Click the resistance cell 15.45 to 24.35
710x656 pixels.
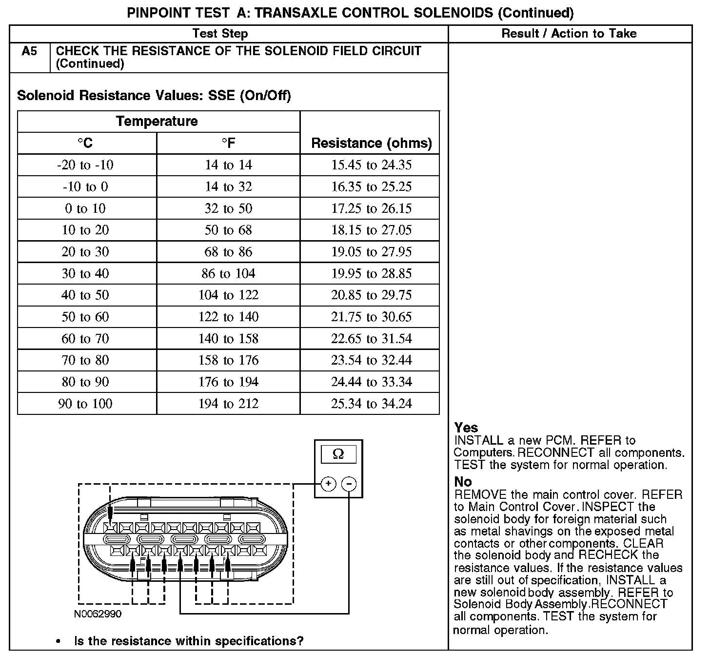coord(371,165)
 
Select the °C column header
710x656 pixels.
coord(85,143)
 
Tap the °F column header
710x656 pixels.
coord(228,143)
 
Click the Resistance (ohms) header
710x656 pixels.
coord(371,143)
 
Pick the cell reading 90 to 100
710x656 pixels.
coord(85,404)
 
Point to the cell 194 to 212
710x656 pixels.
coord(228,404)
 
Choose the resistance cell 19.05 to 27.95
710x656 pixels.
coord(371,252)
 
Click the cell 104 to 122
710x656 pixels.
coord(228,295)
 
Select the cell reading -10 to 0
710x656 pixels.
coord(85,187)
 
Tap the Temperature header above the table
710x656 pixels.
coord(157,122)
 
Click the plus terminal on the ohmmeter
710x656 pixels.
coord(328,484)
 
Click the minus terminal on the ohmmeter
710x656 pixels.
coord(349,484)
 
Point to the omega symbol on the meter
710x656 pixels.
coord(338,454)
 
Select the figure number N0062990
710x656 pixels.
coord(98,614)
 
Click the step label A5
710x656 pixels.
coord(29,51)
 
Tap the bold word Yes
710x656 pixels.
coord(466,428)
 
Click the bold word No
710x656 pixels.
coord(463,482)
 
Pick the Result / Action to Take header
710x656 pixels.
coord(569,33)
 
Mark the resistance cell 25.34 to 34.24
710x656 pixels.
coord(371,404)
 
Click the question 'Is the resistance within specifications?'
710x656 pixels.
coord(188,641)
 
